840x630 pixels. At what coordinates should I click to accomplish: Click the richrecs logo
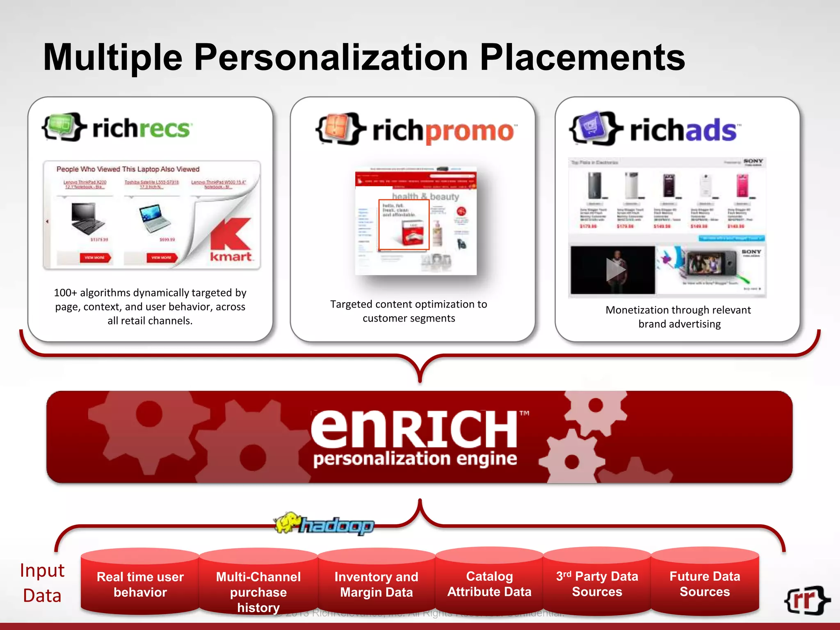[117, 128]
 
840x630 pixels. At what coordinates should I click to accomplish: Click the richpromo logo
[416, 130]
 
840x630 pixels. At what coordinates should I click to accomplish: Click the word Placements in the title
[582, 57]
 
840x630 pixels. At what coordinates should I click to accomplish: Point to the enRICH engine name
[414, 429]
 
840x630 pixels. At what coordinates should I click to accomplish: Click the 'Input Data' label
[42, 583]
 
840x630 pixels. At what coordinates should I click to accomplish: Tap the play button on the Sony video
[614, 270]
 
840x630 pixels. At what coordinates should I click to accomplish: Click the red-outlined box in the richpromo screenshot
[404, 224]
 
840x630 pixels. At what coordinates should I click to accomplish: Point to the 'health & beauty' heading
[425, 196]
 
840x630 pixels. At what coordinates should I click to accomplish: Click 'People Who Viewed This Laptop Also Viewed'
[128, 169]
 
